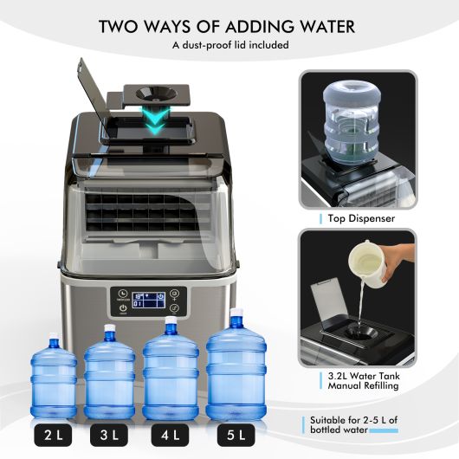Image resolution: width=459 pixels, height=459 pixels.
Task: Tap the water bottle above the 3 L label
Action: (x=110, y=372)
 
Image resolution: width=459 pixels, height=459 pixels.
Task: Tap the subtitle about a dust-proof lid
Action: (x=229, y=45)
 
